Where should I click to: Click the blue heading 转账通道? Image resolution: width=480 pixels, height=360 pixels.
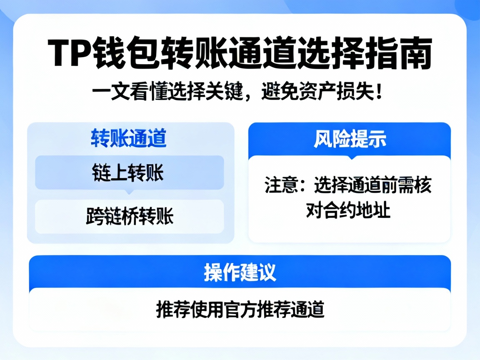[x=129, y=139]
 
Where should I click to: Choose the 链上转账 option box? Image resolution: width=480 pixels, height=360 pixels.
[x=129, y=172]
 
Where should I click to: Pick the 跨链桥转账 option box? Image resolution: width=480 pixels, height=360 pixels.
[x=129, y=217]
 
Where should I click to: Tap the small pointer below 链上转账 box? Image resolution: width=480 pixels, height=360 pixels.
[x=129, y=192]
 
